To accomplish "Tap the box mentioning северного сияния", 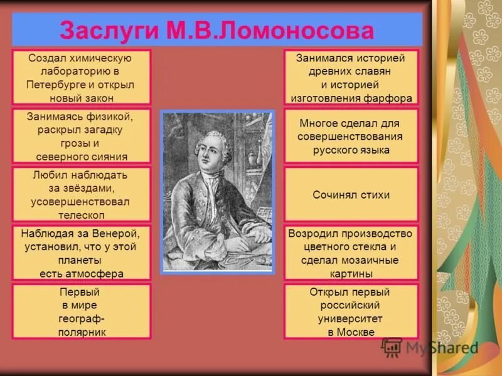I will click(81, 136).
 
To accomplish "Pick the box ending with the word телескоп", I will click(81, 194).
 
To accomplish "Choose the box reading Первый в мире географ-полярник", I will click(81, 311).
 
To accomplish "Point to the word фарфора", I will click(388, 98).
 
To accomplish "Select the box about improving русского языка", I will click(351, 136).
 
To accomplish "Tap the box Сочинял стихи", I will click(351, 194).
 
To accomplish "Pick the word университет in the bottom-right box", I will click(351, 318).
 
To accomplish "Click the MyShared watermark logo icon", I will click(392, 347).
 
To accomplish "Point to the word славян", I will click(371, 71).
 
